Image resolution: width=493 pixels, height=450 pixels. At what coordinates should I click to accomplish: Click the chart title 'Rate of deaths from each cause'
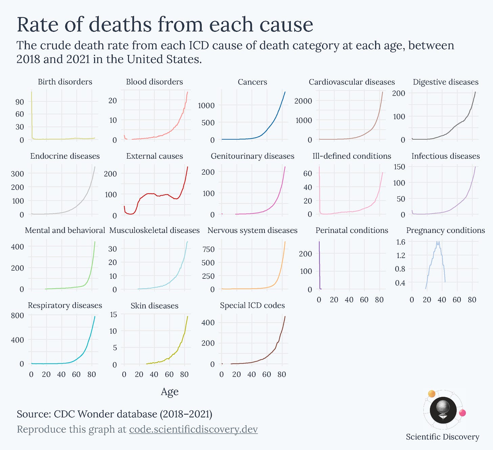pos(165,24)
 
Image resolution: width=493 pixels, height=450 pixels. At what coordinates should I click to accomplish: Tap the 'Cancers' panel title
pos(252,82)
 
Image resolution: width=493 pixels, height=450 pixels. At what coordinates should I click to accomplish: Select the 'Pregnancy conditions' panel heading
pos(445,231)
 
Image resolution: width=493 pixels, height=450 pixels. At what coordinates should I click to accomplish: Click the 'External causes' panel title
pos(154,156)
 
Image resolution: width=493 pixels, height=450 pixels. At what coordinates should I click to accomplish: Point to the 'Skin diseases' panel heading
pos(154,306)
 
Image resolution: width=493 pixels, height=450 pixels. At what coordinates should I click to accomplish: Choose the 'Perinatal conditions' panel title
pos(352,231)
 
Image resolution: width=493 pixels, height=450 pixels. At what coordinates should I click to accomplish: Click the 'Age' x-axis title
pos(170,392)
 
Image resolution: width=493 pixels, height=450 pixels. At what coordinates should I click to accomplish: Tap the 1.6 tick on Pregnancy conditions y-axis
pos(401,242)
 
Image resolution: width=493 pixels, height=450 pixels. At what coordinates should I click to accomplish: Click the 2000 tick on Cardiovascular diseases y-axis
pos(303,101)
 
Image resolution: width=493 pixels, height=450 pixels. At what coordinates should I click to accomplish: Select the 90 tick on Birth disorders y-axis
pos(20,102)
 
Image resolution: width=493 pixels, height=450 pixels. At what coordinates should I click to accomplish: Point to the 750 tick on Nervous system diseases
pos(208,249)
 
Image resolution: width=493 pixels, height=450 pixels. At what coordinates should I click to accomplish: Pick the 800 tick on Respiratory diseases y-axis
pos(17,315)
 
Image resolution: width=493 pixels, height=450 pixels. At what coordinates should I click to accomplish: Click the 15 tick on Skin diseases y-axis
pos(113,315)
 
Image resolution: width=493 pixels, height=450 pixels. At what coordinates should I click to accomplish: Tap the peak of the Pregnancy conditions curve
pos(438,242)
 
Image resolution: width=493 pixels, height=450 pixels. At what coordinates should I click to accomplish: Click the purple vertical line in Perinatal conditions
pos(319,265)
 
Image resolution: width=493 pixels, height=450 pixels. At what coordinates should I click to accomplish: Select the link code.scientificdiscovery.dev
pos(193,429)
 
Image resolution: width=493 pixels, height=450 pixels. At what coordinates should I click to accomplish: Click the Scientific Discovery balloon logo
pos(443,410)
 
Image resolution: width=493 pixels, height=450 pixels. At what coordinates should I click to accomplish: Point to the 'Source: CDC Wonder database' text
pos(114,414)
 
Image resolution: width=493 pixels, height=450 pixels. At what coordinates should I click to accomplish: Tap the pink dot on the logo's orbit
pos(462,413)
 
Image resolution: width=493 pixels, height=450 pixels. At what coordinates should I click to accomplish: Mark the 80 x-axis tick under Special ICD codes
pos(282,374)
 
